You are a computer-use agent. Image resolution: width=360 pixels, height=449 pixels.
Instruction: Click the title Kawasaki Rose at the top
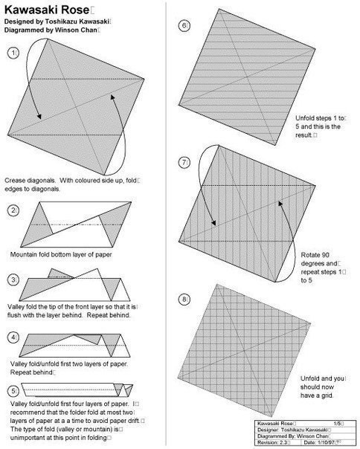click(x=47, y=10)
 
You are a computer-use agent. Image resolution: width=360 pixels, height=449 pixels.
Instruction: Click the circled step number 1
click(x=13, y=54)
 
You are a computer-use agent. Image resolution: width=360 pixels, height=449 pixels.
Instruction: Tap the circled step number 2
click(x=13, y=210)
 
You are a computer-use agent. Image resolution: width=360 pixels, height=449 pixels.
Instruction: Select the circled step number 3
click(x=13, y=280)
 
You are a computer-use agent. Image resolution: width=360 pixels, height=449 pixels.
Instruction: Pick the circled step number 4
click(x=13, y=337)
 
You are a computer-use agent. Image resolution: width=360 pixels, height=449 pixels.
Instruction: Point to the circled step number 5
click(x=13, y=391)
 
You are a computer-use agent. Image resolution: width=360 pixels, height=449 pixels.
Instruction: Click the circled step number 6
click(x=184, y=25)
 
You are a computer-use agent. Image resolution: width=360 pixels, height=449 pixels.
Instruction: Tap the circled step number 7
click(x=184, y=163)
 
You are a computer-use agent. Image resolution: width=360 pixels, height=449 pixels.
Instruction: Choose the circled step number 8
click(x=184, y=300)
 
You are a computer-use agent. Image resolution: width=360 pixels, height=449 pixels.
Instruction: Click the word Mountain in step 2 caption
click(x=22, y=254)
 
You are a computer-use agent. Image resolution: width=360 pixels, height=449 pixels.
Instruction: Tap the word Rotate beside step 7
click(x=310, y=255)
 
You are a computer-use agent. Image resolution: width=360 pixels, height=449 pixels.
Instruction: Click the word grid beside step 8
click(x=327, y=395)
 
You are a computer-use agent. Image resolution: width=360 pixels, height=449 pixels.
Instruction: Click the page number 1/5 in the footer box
click(x=338, y=423)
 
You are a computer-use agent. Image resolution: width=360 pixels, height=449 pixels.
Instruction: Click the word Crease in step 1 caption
click(x=15, y=181)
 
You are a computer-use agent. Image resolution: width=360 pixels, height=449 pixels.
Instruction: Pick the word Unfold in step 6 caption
click(x=305, y=118)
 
